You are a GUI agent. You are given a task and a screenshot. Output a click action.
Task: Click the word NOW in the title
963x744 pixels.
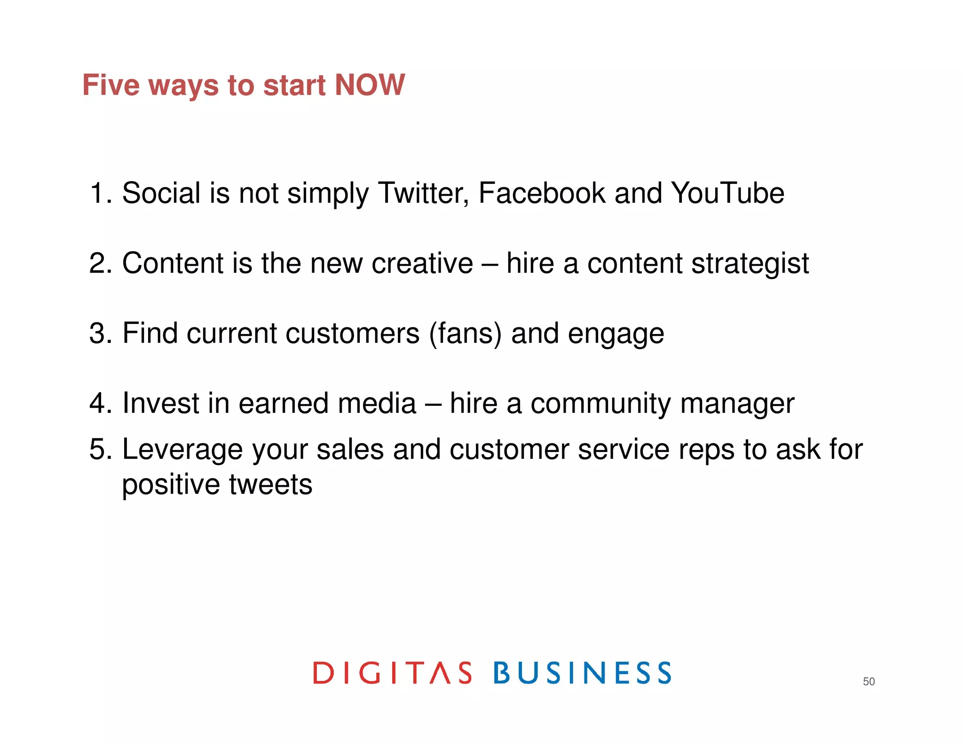pyautogui.click(x=369, y=85)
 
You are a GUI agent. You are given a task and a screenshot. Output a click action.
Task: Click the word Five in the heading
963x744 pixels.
pyautogui.click(x=111, y=85)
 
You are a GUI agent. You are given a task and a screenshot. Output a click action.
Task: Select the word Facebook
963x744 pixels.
pyautogui.click(x=542, y=193)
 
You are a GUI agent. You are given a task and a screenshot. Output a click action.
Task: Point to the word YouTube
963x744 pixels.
pyautogui.click(x=727, y=193)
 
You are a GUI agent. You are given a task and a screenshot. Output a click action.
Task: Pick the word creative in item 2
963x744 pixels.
pyautogui.click(x=422, y=263)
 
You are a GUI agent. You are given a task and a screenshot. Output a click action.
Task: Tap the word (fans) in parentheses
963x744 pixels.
pyautogui.click(x=465, y=334)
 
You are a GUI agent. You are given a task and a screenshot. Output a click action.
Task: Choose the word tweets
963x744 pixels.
pyautogui.click(x=270, y=484)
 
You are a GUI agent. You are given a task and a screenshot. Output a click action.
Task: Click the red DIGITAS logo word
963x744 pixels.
pyautogui.click(x=392, y=673)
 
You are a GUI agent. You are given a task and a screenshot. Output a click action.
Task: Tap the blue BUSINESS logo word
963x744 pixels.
pyautogui.click(x=582, y=673)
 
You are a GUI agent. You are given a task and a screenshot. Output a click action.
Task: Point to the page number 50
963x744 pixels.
pyautogui.click(x=868, y=681)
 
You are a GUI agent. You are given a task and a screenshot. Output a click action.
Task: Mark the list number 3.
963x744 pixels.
pyautogui.click(x=97, y=334)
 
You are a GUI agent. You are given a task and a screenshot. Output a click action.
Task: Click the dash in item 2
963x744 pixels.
pyautogui.click(x=489, y=264)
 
